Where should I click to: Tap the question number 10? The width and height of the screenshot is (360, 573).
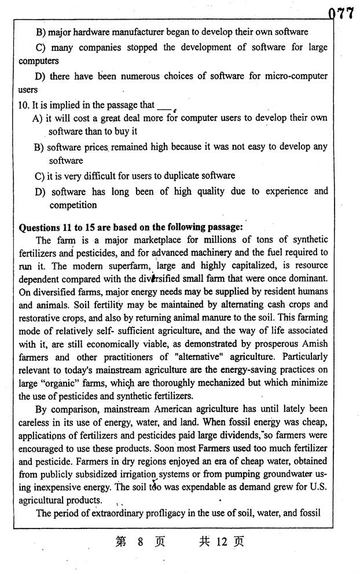[x=24, y=105]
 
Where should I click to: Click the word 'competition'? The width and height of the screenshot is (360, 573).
[x=73, y=205]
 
